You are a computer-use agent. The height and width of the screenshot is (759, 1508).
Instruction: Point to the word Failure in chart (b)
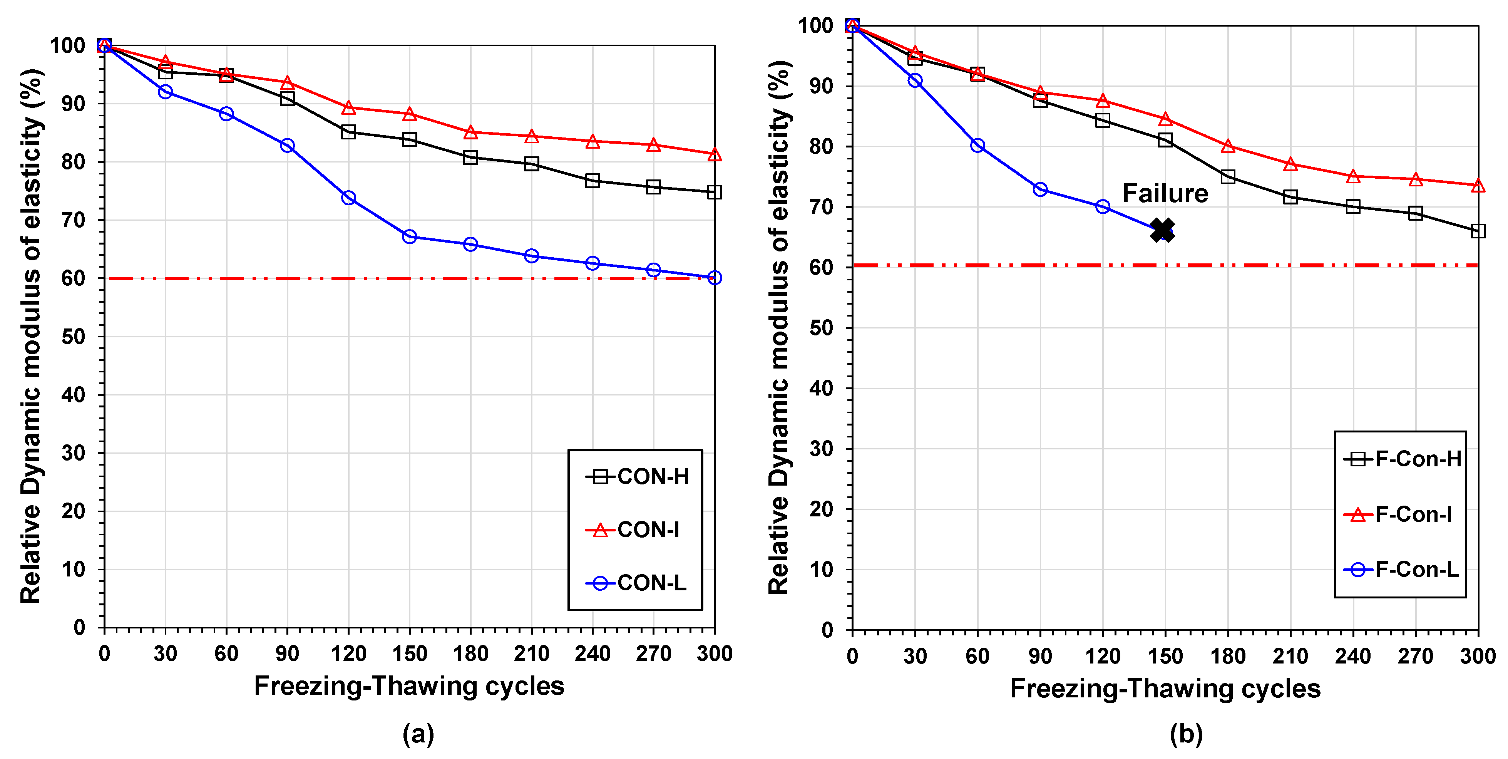[x=1165, y=193]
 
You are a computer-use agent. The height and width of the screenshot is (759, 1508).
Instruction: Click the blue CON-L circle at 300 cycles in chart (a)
[x=714, y=278]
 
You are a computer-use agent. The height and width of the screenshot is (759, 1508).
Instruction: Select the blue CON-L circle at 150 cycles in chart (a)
[x=409, y=236]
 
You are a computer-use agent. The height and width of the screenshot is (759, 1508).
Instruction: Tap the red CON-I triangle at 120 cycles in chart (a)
[x=348, y=108]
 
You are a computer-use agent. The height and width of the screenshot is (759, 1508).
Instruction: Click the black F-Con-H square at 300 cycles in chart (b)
[x=1478, y=231]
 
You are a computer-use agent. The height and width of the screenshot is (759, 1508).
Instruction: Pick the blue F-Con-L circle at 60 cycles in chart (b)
[x=977, y=145]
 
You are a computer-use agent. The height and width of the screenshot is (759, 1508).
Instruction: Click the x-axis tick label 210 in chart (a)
[x=532, y=653]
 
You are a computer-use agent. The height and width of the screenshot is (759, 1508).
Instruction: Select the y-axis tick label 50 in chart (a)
[x=74, y=337]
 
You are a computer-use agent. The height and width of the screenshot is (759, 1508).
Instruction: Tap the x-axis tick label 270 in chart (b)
[x=1416, y=656]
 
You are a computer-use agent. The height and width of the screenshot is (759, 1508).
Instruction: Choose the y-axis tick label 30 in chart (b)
[x=822, y=449]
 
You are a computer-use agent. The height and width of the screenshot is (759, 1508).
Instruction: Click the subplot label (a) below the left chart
[x=418, y=734]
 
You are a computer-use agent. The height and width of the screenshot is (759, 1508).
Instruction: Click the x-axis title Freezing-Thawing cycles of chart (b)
[x=1165, y=689]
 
